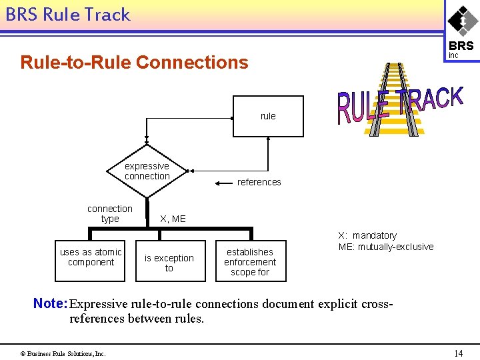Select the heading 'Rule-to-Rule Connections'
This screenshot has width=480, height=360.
pos(134,63)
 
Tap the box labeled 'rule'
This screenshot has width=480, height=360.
pos(268,116)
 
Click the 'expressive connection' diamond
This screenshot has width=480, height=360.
pos(147,171)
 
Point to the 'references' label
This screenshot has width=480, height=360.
pos(259,182)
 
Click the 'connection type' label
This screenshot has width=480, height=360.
pos(110,213)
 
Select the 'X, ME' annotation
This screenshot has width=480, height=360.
pos(173,219)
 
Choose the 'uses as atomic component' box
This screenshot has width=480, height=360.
pos(91,257)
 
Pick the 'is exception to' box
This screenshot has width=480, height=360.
pos(169,263)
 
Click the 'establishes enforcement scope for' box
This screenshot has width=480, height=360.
pos(250,261)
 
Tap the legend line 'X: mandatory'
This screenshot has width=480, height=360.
pos(367,235)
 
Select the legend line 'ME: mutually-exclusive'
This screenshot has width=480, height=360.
pos(385,247)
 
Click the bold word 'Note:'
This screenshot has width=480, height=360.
pos(51,304)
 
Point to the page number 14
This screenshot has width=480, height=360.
pos(458,353)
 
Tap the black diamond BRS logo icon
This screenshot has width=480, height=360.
pos(461,21)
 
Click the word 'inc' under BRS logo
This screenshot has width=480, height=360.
pos(453,56)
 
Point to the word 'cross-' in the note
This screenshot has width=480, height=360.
pos(377,304)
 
